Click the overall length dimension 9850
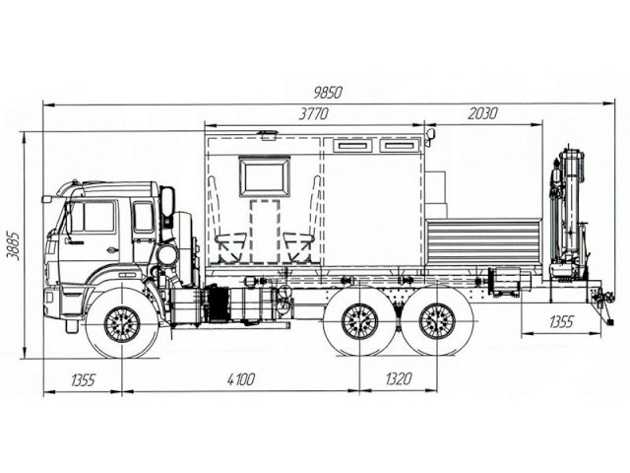click(x=328, y=94)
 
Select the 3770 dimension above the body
click(x=313, y=114)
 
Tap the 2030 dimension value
click(x=482, y=114)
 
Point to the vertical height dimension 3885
click(x=16, y=245)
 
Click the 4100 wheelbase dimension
click(x=240, y=379)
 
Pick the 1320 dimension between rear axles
click(x=399, y=378)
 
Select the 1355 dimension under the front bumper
click(x=83, y=379)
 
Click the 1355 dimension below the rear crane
click(x=562, y=322)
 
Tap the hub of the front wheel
click(x=122, y=324)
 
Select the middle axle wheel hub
click(x=359, y=322)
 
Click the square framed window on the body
click(x=265, y=176)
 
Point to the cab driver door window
click(x=98, y=217)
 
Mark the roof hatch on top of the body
click(x=268, y=135)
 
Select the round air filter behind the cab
click(x=166, y=255)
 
